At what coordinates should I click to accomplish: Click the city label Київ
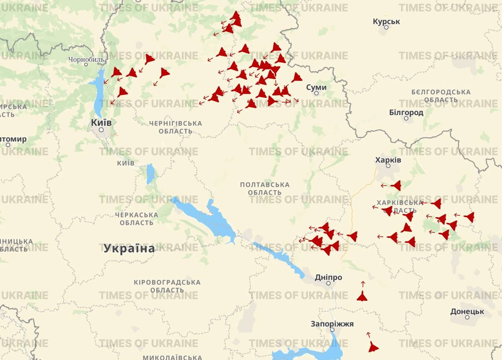click(101, 122)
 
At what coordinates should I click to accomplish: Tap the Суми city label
click(316, 87)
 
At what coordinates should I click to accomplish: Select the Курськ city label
click(386, 21)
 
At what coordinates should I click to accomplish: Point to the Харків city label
click(388, 160)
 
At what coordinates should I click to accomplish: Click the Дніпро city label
click(328, 277)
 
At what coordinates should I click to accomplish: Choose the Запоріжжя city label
click(332, 324)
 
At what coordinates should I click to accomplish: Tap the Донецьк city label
click(467, 312)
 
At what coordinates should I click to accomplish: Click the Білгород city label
click(406, 113)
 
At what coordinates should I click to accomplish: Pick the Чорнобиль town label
click(86, 60)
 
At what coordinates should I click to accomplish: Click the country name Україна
click(129, 248)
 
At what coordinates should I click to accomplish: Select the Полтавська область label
click(265, 188)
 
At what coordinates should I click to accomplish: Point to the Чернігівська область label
click(175, 127)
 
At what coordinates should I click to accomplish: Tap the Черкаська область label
click(137, 219)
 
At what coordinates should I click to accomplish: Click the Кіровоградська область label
click(167, 286)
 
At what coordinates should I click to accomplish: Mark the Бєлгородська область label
click(441, 96)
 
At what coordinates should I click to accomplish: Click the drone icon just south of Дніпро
click(362, 296)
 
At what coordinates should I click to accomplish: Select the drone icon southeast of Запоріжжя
click(373, 347)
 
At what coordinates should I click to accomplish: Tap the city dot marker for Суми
click(316, 93)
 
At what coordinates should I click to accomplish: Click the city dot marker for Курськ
click(386, 27)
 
